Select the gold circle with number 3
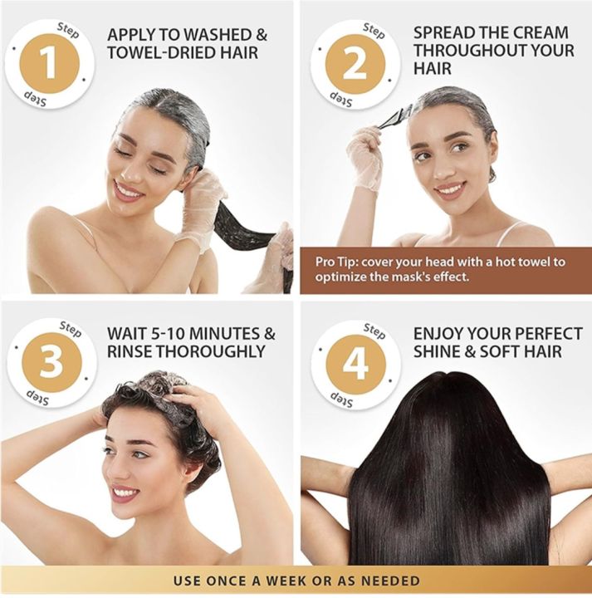pyautogui.click(x=49, y=362)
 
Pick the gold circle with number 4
pyautogui.click(x=355, y=362)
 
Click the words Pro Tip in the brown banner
pyautogui.click(x=336, y=262)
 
